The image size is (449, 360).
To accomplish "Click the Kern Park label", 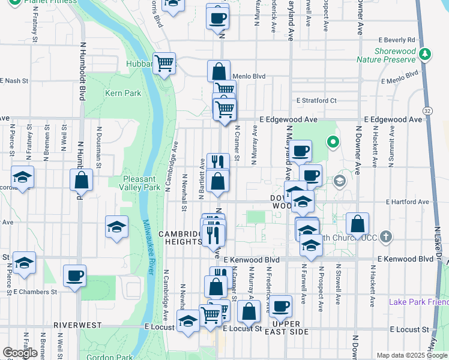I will click(x=122, y=93).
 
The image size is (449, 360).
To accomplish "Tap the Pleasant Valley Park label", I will click(x=141, y=183).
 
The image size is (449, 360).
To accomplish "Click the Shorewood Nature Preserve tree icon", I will click(x=425, y=54).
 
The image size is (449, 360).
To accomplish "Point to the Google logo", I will click(x=20, y=353).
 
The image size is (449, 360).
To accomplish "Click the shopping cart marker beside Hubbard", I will click(x=164, y=62).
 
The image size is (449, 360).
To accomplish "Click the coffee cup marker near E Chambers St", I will click(x=74, y=276).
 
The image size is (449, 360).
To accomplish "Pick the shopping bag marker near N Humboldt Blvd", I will click(x=81, y=179).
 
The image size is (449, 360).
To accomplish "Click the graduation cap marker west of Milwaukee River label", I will click(x=116, y=227).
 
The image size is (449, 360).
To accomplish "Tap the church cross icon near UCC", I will click(x=385, y=236).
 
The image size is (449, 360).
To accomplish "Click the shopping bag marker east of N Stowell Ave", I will click(x=357, y=224).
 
